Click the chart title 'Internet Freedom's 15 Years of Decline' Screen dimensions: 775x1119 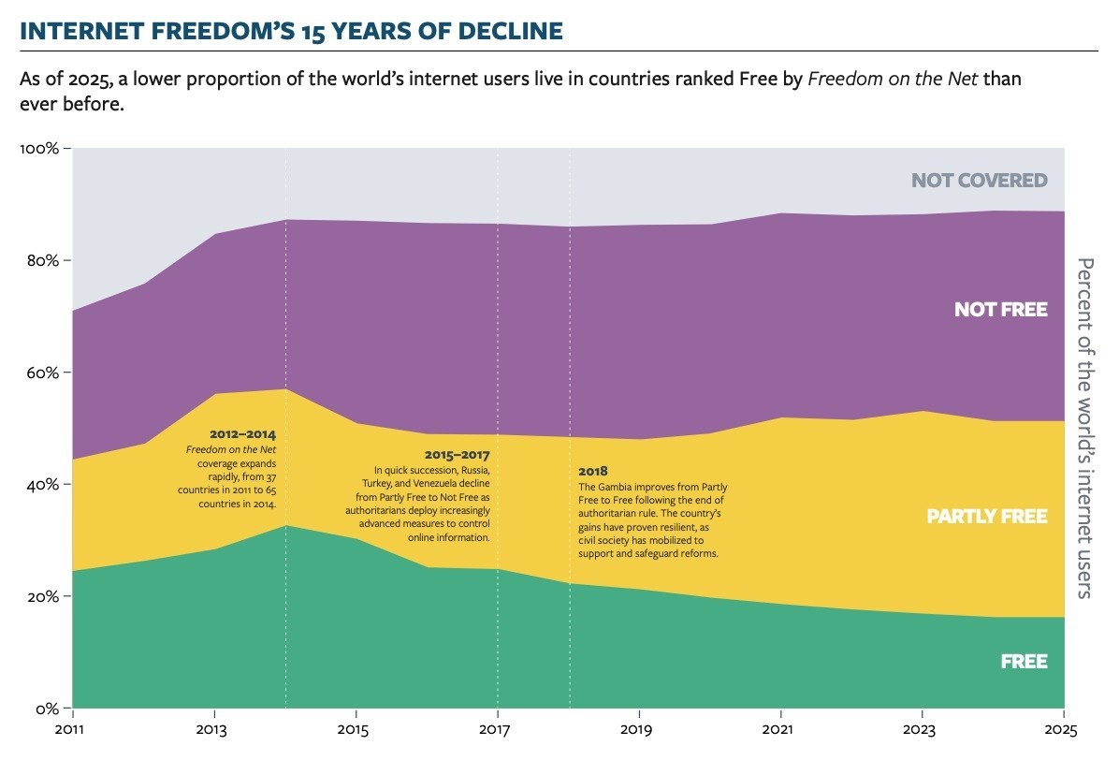pos(291,32)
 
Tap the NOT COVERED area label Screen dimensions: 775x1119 pos(979,181)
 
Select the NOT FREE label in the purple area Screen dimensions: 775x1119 pos(1000,310)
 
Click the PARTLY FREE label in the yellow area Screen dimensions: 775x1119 pos(986,517)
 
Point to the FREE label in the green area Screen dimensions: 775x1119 pos(1024,662)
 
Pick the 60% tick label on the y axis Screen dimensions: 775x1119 pos(41,373)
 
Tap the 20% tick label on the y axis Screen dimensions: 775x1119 pos(41,597)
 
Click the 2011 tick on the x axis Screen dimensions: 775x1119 pos(72,729)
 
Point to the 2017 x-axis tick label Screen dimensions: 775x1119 pos(496,729)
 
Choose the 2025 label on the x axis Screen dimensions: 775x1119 pos(1063,729)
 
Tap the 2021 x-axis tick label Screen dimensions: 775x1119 pos(778,729)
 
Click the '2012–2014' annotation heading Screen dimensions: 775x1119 pos(243,435)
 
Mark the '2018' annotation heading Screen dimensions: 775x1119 pos(593,470)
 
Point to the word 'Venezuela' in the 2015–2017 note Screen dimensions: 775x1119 pos(451,483)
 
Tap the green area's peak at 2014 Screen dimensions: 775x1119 pos(286,526)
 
